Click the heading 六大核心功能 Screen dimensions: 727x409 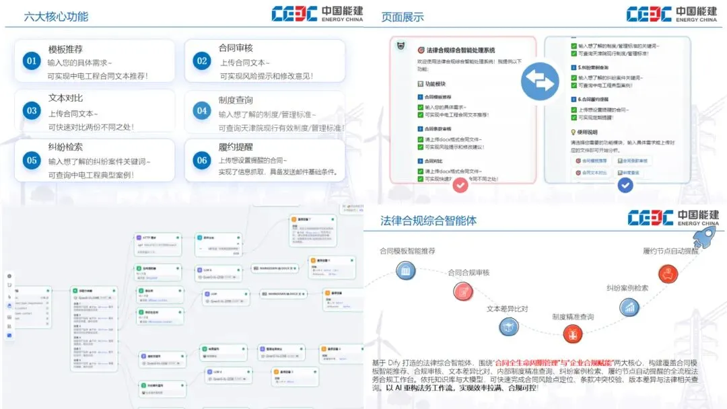point(56,16)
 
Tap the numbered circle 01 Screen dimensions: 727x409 point(32,61)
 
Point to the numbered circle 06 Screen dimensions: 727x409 point(202,160)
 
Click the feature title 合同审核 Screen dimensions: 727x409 point(236,48)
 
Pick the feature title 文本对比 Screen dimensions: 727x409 point(65,98)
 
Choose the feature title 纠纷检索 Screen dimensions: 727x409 point(65,147)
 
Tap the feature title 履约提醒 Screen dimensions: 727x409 point(236,147)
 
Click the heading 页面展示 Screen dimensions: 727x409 point(403,16)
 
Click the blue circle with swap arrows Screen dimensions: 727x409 point(540,79)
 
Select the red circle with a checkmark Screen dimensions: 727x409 point(460,184)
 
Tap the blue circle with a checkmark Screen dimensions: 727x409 point(625,184)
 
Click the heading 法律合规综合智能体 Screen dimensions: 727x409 point(428,220)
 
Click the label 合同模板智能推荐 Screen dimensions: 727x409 point(407,251)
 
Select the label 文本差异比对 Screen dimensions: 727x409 point(508,309)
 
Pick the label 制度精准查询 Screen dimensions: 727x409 point(573,316)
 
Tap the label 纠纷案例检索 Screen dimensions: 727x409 point(627,288)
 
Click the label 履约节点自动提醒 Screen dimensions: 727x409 point(670,251)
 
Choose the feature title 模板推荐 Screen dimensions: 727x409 point(65,49)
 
